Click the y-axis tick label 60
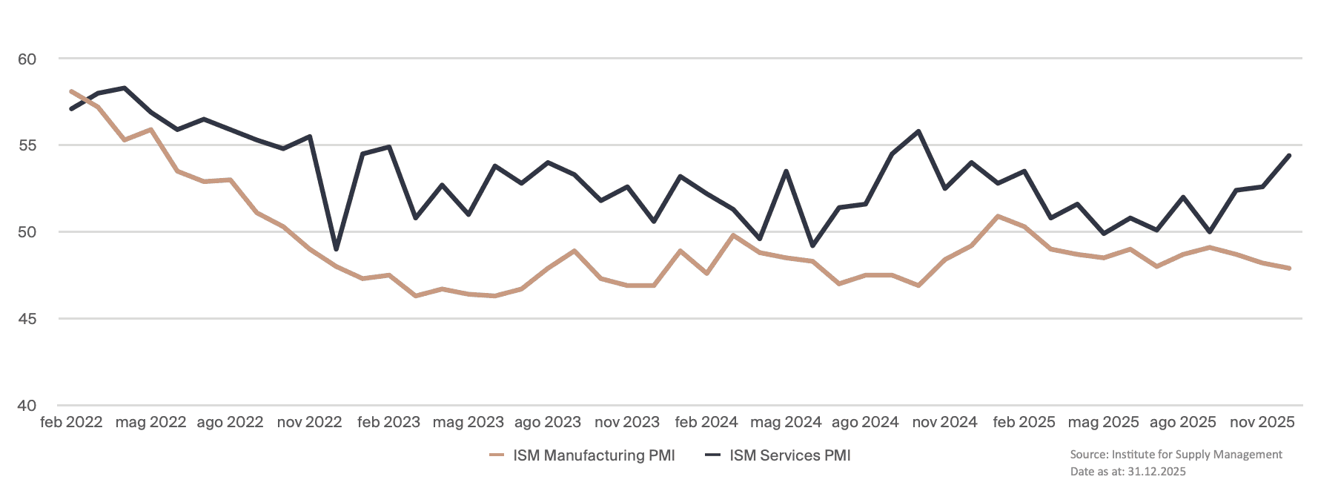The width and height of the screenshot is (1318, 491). click(x=27, y=59)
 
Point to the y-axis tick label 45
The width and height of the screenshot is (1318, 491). click(x=27, y=319)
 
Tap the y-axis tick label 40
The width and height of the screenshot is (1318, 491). click(x=27, y=406)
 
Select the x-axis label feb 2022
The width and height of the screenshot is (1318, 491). click(x=71, y=423)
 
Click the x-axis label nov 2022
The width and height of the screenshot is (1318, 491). click(x=309, y=423)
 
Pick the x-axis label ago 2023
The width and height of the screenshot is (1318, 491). click(x=548, y=423)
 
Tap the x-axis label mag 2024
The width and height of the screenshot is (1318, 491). click(x=786, y=423)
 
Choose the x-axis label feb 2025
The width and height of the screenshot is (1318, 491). click(x=1024, y=423)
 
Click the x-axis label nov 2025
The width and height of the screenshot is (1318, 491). click(x=1262, y=423)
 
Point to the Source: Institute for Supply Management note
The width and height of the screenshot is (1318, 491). click(x=1176, y=455)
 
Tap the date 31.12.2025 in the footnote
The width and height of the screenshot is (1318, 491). click(x=1156, y=472)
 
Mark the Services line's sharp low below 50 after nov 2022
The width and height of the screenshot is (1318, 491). click(x=336, y=249)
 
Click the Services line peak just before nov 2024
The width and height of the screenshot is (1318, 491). click(x=919, y=131)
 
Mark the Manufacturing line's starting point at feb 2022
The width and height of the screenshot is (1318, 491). click(x=71, y=91)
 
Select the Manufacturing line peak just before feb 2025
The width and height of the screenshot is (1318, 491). click(x=999, y=217)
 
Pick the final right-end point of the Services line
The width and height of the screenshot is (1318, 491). click(x=1290, y=156)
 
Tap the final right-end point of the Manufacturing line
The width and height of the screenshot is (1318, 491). click(x=1290, y=268)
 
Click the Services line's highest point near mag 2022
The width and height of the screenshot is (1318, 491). click(x=125, y=88)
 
